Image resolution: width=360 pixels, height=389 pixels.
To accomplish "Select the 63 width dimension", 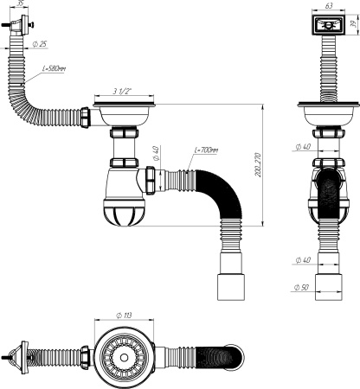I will coord(328,4).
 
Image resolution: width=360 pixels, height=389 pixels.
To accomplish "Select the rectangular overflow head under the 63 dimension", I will coord(328,25).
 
